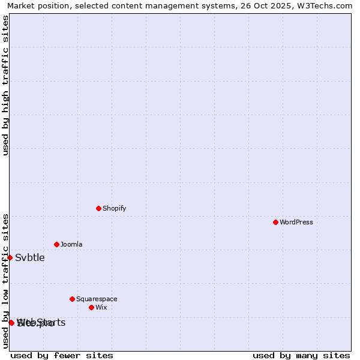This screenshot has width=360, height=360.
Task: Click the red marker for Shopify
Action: (x=98, y=208)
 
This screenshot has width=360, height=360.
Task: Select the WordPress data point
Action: (x=275, y=222)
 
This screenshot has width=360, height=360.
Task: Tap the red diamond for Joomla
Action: (x=56, y=244)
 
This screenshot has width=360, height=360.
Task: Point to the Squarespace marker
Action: (x=72, y=299)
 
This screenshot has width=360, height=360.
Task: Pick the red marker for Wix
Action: (x=91, y=307)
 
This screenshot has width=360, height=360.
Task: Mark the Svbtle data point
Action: (x=10, y=257)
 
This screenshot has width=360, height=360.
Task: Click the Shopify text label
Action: (x=114, y=208)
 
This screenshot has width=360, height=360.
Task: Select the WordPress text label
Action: (x=296, y=222)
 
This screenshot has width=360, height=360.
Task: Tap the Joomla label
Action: (x=71, y=244)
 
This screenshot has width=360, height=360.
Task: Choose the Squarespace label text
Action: (x=97, y=299)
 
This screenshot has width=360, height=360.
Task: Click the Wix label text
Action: (x=101, y=307)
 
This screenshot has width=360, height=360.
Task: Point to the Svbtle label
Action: (x=29, y=257)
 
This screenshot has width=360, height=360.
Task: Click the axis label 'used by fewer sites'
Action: (x=62, y=355)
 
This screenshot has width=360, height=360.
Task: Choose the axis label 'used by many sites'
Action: (x=301, y=355)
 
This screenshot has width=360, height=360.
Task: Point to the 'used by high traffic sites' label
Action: (x=5, y=85)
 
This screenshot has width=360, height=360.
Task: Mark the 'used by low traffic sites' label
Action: (x=5, y=281)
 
